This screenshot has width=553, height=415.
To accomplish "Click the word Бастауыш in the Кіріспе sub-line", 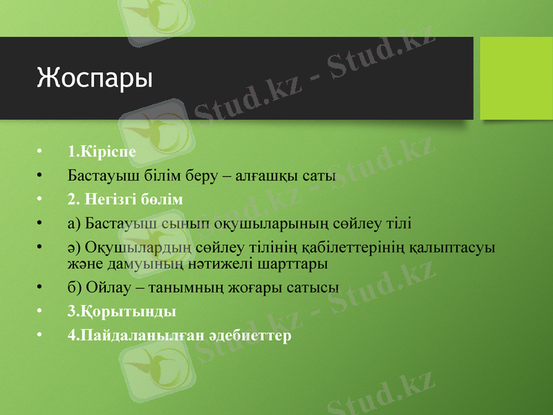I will (x=100, y=176).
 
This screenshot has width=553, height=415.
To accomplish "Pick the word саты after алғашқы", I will (x=319, y=176).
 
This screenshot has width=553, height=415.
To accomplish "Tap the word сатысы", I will (x=314, y=287).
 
